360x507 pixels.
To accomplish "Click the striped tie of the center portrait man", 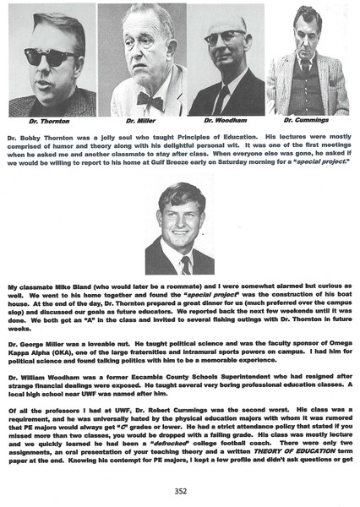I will coord(185,265).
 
